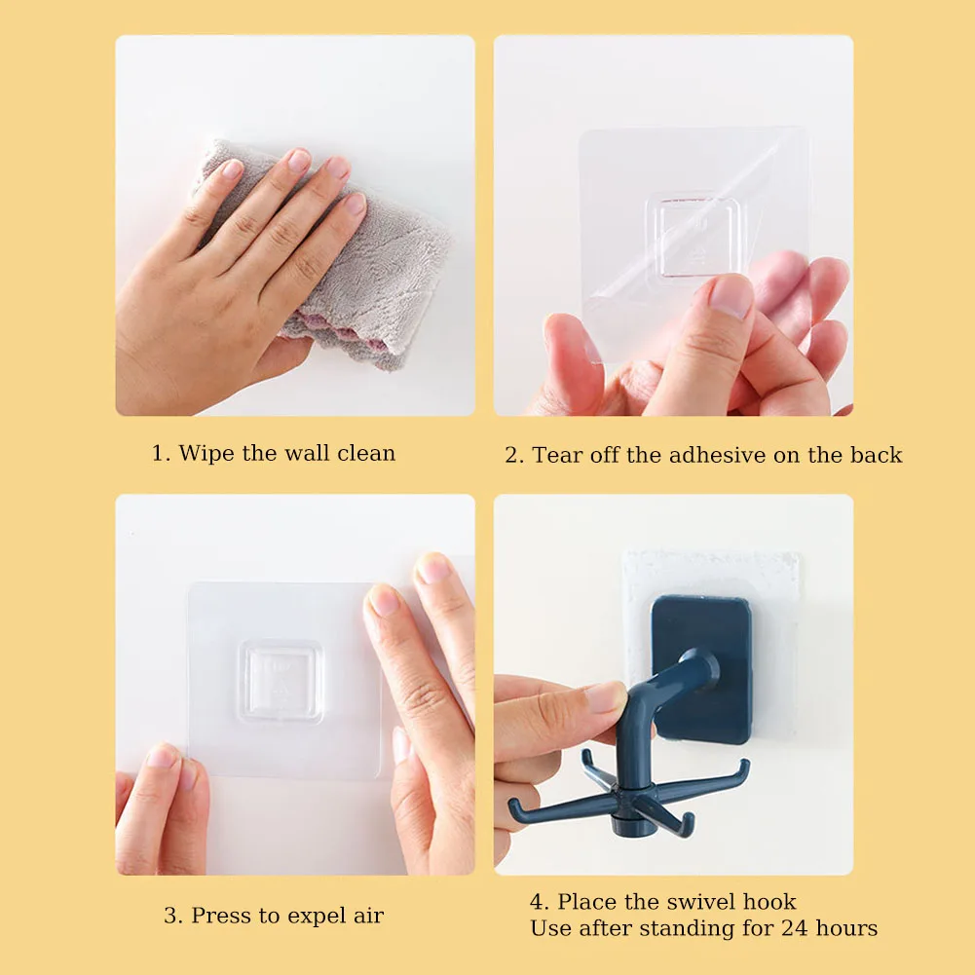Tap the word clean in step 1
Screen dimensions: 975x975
(366, 453)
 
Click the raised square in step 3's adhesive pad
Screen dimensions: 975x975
(281, 682)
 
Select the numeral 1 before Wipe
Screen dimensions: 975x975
(158, 453)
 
